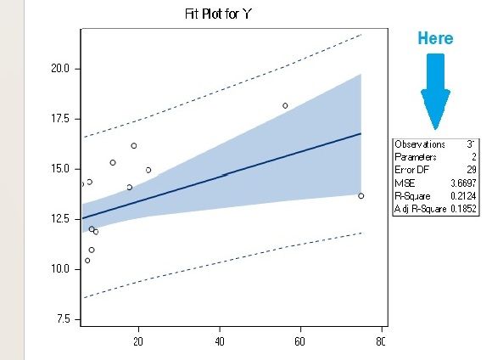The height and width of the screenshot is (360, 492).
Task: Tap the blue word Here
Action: tap(435, 38)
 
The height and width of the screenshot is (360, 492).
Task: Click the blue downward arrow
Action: tap(435, 90)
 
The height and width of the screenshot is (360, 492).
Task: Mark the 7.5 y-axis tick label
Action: tap(61, 319)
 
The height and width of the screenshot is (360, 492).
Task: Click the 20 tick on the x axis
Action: tap(138, 341)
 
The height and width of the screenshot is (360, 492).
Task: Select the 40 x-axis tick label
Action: tap(220, 341)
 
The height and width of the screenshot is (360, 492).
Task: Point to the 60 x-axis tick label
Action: tap(299, 341)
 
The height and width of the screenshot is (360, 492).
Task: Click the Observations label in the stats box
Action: tap(420, 144)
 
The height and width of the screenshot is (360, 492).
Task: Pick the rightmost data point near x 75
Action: tap(361, 196)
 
